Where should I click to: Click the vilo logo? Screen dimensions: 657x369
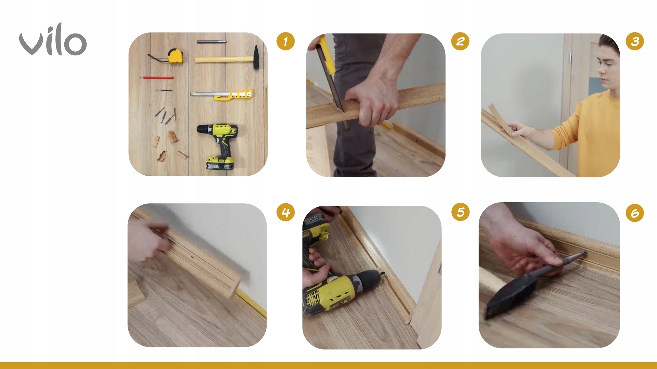pos(53,40)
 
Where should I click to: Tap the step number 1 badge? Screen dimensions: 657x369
pos(285,41)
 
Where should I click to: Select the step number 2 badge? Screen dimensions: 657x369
pos(460,41)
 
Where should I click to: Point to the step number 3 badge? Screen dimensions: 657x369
pos(635,41)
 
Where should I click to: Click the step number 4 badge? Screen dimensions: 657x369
pos(285,212)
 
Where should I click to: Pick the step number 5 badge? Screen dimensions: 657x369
pos(460,212)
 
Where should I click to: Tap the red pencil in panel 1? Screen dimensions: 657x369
pos(157,78)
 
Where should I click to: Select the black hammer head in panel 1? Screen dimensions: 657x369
pos(256,57)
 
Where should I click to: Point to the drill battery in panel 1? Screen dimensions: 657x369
pos(220,163)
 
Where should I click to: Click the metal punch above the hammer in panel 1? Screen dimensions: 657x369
pos(211,42)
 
